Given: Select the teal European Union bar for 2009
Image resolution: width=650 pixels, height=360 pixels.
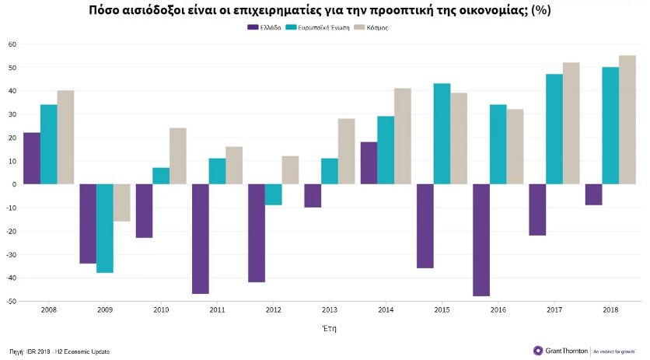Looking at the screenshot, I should click(x=105, y=228).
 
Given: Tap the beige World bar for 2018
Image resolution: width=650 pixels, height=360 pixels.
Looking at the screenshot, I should click(x=627, y=120).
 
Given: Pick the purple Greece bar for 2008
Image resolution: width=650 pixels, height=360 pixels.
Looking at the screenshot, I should click(x=32, y=158).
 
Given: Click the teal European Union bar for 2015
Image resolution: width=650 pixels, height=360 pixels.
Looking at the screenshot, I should click(x=442, y=134).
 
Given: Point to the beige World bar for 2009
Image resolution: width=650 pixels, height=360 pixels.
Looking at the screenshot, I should click(x=122, y=202).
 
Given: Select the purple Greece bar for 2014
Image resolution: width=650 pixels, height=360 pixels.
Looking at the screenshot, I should click(x=369, y=163).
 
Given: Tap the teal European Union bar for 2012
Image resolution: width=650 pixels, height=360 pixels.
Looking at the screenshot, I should click(x=274, y=194).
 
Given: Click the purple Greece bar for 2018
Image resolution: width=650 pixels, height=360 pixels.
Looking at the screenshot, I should click(x=593, y=194).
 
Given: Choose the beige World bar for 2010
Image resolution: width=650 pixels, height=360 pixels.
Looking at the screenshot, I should click(x=178, y=156).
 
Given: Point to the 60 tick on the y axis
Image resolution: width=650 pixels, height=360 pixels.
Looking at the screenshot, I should click(x=12, y=44).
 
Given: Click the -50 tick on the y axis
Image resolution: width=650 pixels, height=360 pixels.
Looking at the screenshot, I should click(x=12, y=301).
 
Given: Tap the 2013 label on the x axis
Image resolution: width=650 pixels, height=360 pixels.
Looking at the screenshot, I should click(x=330, y=309).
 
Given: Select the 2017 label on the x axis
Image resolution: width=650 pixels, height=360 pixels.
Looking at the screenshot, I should click(x=554, y=309).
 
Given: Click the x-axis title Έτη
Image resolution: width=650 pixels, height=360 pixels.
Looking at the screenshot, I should click(x=330, y=328).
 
